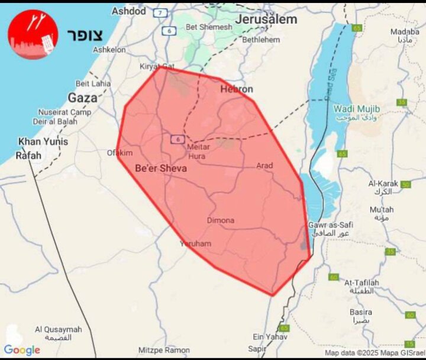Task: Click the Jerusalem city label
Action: coord(266,19)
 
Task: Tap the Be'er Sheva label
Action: coord(161,169)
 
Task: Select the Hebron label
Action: coord(237,89)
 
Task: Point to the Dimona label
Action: coord(220,220)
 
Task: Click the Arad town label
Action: coord(264,166)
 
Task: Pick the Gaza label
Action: coord(82,98)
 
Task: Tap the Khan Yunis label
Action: coord(43,142)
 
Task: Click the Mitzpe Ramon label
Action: coord(164,350)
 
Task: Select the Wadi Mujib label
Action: coord(356,109)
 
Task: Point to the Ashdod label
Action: coord(128,11)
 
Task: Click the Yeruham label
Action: coord(195,243)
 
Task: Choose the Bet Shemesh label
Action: coord(209,27)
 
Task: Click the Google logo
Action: coord(22,350)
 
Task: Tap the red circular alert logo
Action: coord(33,34)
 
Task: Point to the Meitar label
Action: coord(198,146)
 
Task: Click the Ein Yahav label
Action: coord(266,336)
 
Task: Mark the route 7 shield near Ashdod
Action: coord(160,12)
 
